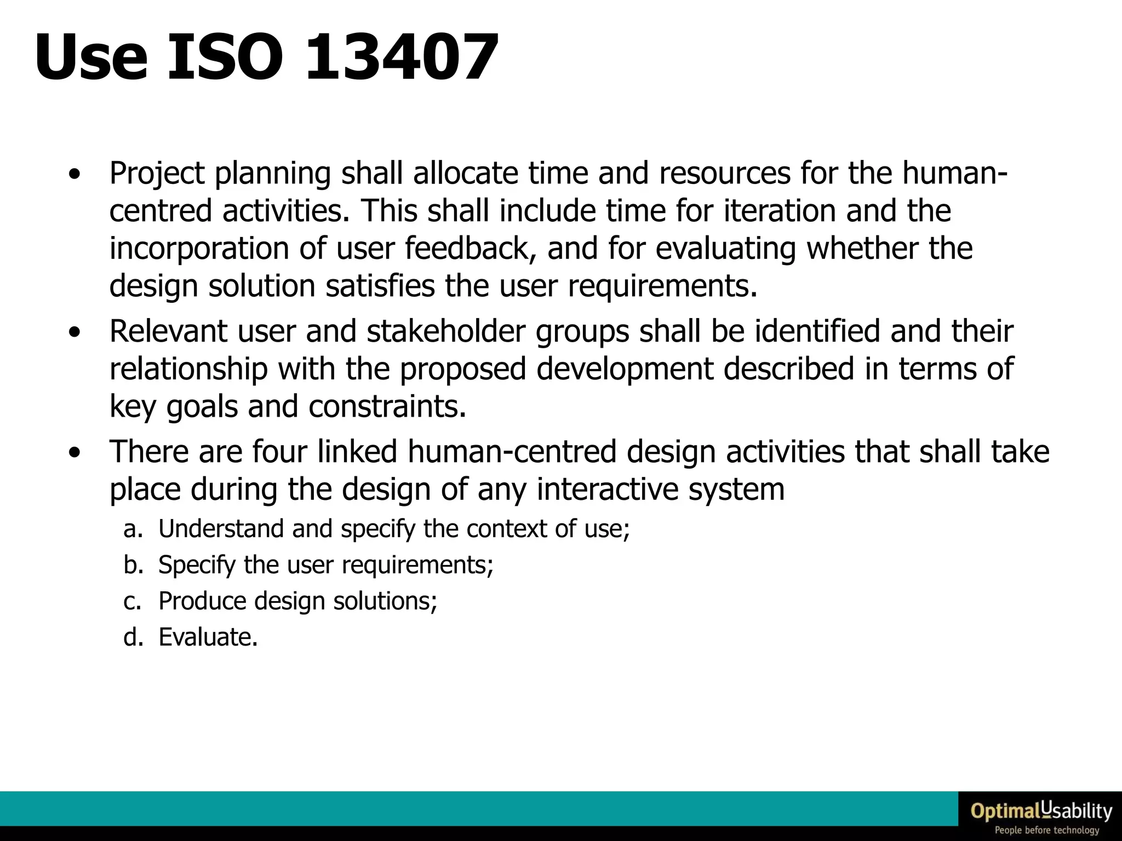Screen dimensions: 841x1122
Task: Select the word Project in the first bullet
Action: (x=157, y=174)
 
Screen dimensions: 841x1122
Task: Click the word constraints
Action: (x=387, y=406)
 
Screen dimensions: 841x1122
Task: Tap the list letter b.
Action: (x=133, y=565)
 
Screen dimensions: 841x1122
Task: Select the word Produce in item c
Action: (x=201, y=601)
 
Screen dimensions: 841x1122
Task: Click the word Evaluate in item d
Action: (x=208, y=637)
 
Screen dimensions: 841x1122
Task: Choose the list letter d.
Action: (x=133, y=637)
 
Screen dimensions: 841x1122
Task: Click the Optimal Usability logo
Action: (x=1041, y=811)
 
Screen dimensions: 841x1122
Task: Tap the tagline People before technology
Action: (x=1046, y=831)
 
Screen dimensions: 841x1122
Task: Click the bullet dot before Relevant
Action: (x=75, y=333)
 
